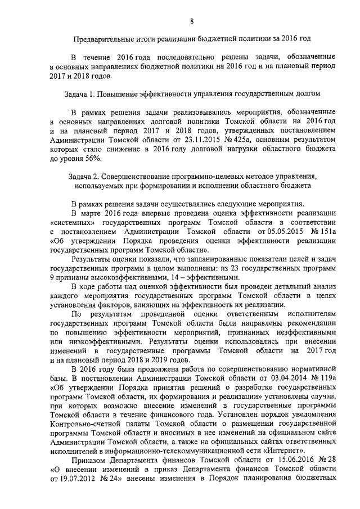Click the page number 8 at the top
click(x=192, y=21)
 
